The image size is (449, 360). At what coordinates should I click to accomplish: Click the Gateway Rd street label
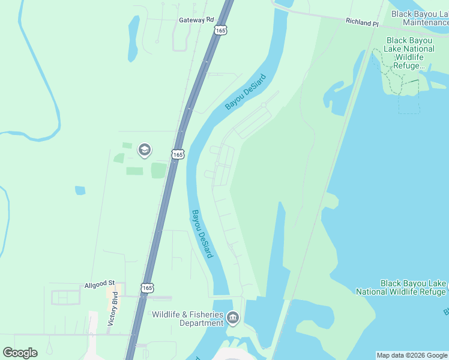pos(196,20)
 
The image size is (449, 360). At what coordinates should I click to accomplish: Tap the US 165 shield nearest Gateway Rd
pos(221,30)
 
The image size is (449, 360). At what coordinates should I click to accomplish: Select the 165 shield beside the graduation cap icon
pos(178,154)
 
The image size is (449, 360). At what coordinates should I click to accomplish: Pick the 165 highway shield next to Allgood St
pos(148,288)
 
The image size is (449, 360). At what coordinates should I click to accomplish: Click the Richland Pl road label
pos(362,22)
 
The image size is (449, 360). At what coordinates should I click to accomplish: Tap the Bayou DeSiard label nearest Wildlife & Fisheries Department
pos(202,233)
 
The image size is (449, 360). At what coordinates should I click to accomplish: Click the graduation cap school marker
pos(144,150)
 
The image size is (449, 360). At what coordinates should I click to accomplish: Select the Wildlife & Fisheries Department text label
pos(187,319)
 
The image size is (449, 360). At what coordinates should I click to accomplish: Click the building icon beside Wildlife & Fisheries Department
pos(233,317)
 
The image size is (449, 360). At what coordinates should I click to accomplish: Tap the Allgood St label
pos(103,284)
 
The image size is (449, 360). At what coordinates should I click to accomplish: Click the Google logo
pos(20,353)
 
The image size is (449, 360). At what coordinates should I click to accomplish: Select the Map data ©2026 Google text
pos(412,355)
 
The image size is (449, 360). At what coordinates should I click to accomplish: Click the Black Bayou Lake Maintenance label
pos(418,17)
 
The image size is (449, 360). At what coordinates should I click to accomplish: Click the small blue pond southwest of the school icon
pos(80,190)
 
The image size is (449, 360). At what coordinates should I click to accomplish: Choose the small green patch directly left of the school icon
pos(127,145)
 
